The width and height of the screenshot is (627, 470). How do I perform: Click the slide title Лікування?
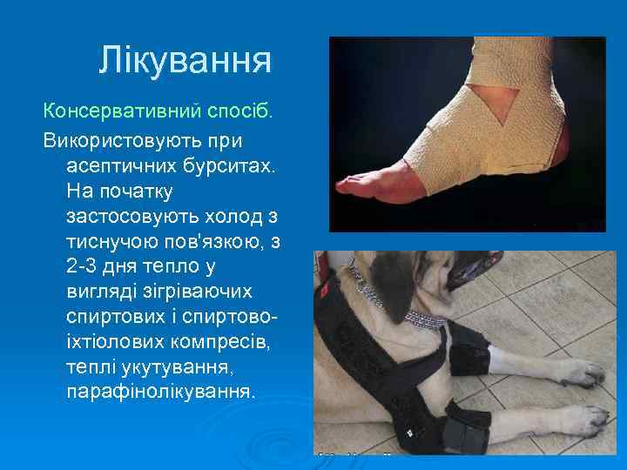(x=185, y=60)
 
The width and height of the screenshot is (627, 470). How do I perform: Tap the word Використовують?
(x=132, y=139)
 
